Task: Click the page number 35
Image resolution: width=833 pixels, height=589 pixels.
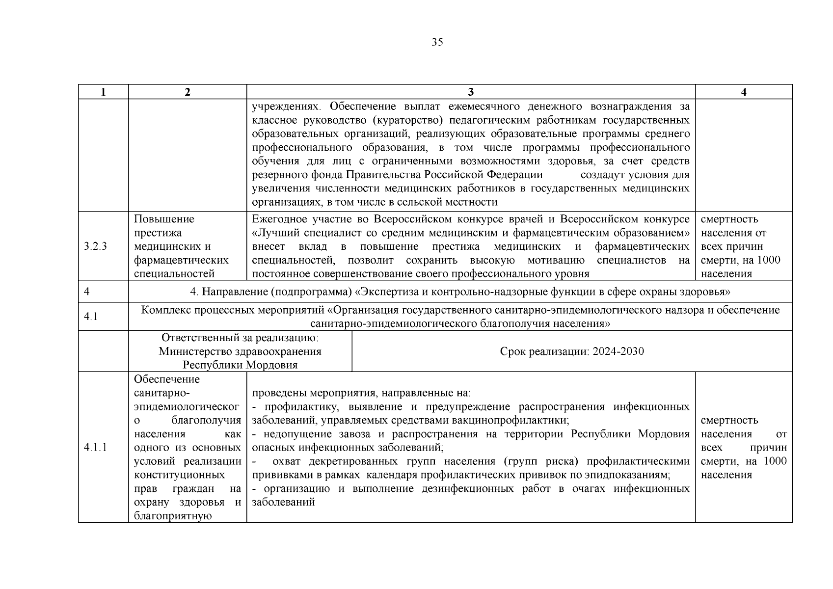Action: point(437,42)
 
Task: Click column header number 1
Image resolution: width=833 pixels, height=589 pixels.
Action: point(103,92)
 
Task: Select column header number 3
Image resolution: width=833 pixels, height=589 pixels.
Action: point(471,92)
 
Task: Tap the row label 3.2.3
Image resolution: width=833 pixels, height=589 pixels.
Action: point(95,246)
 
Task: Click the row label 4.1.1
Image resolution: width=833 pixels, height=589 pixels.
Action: point(95,447)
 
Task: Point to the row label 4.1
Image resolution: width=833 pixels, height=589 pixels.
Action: point(91,317)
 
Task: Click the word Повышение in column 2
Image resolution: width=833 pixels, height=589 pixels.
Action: point(164,219)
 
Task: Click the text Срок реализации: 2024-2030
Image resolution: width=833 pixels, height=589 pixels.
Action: point(572,351)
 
